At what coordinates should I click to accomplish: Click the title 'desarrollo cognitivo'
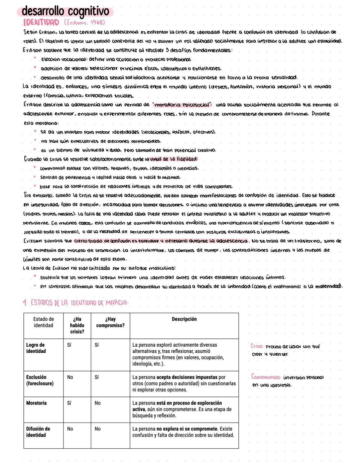pyautogui.click(x=65, y=11)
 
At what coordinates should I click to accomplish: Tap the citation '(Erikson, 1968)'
pyautogui.click(x=84, y=22)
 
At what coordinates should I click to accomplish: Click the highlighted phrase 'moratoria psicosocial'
pyautogui.click(x=182, y=105)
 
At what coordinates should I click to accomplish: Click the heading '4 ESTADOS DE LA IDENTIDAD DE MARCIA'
pyautogui.click(x=75, y=303)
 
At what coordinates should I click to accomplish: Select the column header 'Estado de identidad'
pyautogui.click(x=43, y=322)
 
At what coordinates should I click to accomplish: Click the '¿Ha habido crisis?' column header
pyautogui.click(x=77, y=325)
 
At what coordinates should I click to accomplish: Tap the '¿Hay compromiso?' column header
pyautogui.click(x=110, y=322)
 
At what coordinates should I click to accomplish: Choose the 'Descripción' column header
pyautogui.click(x=184, y=319)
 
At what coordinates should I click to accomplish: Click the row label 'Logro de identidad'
pyautogui.click(x=35, y=348)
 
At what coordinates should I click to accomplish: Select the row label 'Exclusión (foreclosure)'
pyautogui.click(x=40, y=380)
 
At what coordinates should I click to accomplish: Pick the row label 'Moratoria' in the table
pyautogui.click(x=36, y=403)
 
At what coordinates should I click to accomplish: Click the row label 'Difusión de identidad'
pyautogui.click(x=38, y=432)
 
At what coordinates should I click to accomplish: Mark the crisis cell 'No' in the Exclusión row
pyautogui.click(x=70, y=377)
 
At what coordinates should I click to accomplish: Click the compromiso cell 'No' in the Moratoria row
pyautogui.click(x=98, y=403)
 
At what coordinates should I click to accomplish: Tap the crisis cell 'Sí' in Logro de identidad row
pyautogui.click(x=69, y=345)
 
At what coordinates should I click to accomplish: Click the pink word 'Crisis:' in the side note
pyautogui.click(x=257, y=346)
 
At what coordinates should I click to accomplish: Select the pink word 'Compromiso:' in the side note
pyautogui.click(x=266, y=377)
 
